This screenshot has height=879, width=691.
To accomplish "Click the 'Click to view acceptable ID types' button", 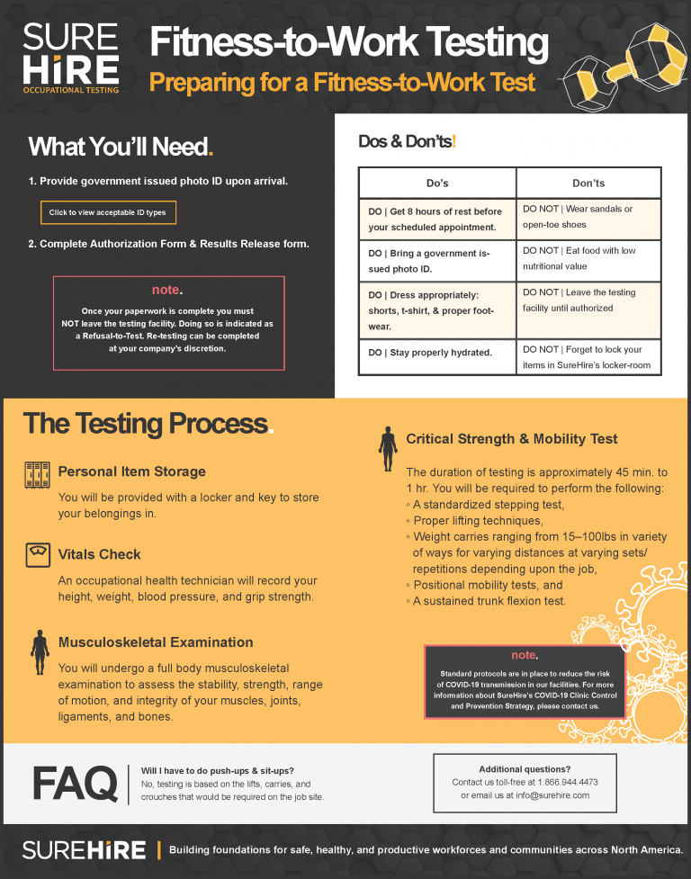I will tap(108, 212).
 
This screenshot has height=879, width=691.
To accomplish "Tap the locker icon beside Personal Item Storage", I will tap(37, 474).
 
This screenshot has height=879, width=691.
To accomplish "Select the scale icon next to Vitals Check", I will tap(37, 555).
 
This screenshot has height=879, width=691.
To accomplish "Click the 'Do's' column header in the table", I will tap(437, 184).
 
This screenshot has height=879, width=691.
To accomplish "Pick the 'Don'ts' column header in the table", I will tap(588, 184).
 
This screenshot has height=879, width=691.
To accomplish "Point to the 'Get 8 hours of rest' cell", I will tap(437, 220).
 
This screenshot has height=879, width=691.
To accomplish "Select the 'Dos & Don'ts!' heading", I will tap(408, 141).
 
